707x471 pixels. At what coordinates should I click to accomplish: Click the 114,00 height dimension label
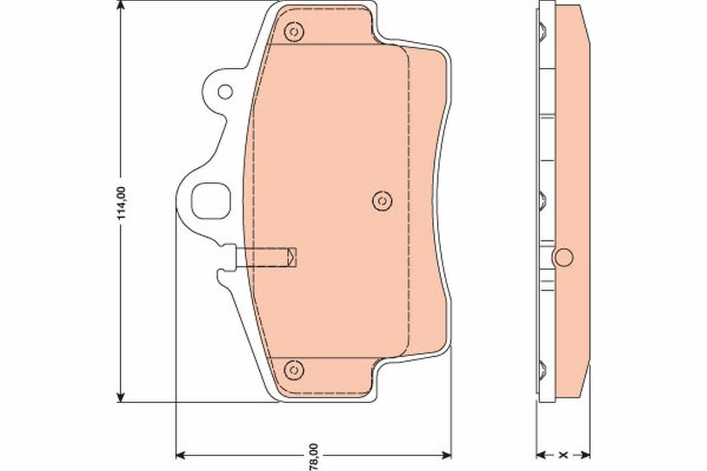[121, 203]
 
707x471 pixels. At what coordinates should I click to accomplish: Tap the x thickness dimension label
[563, 455]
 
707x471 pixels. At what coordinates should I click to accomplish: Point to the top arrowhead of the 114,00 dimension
[121, 6]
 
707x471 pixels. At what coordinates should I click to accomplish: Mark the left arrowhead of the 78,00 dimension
[181, 455]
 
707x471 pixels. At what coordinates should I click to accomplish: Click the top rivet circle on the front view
[293, 31]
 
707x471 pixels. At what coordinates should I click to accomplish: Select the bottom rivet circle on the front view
[293, 370]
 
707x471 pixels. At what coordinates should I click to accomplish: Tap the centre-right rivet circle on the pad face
[382, 201]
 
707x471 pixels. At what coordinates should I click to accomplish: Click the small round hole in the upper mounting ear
[225, 91]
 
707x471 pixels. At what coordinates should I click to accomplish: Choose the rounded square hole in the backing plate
[211, 201]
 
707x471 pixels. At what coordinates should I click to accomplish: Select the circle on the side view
[564, 257]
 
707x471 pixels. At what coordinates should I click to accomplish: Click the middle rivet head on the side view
[543, 201]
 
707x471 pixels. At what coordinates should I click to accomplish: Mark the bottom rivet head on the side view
[543, 370]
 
